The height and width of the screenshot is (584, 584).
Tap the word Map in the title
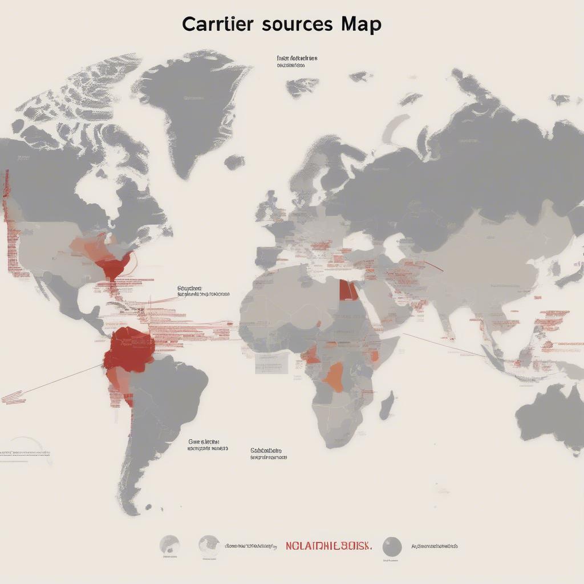(x=362, y=25)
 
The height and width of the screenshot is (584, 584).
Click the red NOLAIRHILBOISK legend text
(x=328, y=546)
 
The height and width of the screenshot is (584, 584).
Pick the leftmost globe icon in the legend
(x=169, y=545)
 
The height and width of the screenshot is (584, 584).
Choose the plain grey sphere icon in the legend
(x=392, y=546)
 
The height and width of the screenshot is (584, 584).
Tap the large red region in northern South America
(x=129, y=349)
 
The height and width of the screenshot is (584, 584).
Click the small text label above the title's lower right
(x=297, y=62)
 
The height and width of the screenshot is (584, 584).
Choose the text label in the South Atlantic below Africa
(x=268, y=453)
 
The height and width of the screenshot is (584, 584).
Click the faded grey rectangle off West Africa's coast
(x=271, y=363)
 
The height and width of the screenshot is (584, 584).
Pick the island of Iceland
(x=234, y=163)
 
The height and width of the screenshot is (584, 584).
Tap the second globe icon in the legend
(x=209, y=545)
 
